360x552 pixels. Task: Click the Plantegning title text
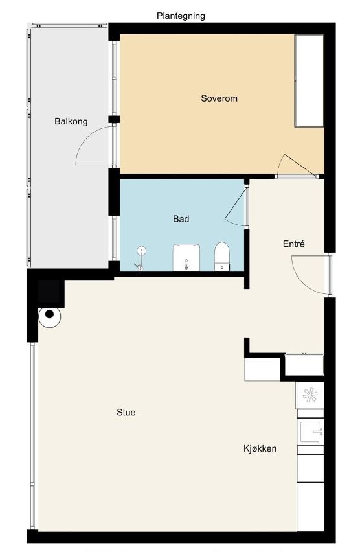[x=181, y=16]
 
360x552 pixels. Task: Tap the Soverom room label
[x=219, y=98]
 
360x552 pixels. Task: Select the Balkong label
[x=71, y=121]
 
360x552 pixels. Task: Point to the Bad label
[x=181, y=219]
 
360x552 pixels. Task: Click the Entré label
[x=294, y=244]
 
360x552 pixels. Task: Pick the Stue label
[x=126, y=412]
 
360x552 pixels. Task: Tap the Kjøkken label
[x=260, y=448]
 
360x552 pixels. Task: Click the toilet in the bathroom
[x=221, y=257]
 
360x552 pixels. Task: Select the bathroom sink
[x=186, y=258]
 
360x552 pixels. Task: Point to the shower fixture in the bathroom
[x=141, y=259]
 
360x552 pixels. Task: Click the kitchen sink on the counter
[x=310, y=431]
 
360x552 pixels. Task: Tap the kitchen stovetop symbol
[x=310, y=395]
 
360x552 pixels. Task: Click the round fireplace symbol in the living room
[x=50, y=316]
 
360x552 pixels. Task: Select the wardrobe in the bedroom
[x=309, y=80]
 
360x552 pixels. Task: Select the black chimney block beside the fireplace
[x=49, y=292]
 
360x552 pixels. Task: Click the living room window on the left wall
[x=33, y=436]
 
